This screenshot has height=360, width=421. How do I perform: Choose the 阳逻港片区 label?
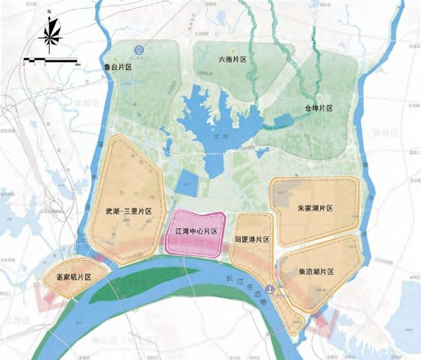pos(252,240)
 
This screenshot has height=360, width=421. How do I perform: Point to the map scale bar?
pos(50,61)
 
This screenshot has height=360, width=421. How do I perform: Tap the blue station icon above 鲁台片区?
pos(138,50)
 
